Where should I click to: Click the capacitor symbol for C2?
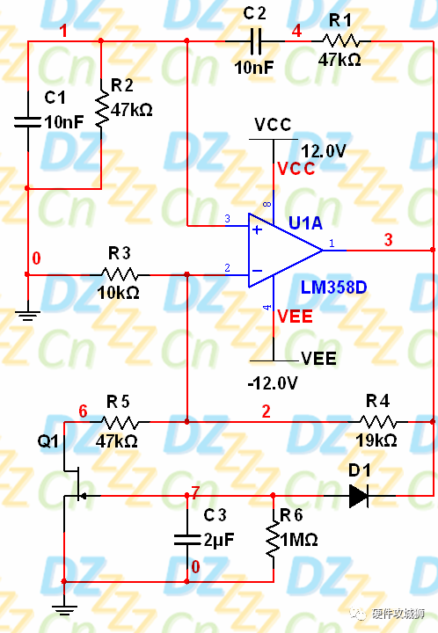tap(255, 40)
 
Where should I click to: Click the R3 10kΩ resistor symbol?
tap(120, 274)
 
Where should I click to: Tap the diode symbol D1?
tap(358, 496)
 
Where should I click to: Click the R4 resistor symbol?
tap(376, 421)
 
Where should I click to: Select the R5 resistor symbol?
tap(120, 421)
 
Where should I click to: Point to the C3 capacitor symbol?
tap(187, 538)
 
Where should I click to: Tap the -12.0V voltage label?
tap(273, 383)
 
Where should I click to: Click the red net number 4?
tap(296, 31)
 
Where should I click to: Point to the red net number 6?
tap(83, 411)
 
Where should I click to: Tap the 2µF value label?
tap(218, 541)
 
